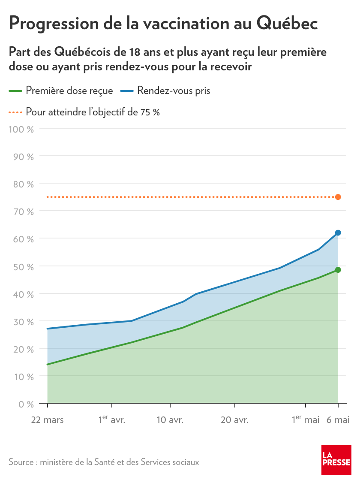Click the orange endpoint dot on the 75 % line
coord(338,197)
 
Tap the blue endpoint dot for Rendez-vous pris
coord(338,233)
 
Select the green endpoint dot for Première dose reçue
coord(338,270)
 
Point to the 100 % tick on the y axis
coord(21,128)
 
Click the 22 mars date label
coord(47,420)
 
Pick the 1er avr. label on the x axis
coord(111,420)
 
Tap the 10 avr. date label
coord(170,420)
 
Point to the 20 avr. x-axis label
coord(234,420)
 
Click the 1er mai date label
coord(306,420)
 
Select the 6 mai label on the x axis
coord(338,420)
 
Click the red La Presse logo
coord(336,460)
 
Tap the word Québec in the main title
coord(287,24)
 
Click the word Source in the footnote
coord(21,462)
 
